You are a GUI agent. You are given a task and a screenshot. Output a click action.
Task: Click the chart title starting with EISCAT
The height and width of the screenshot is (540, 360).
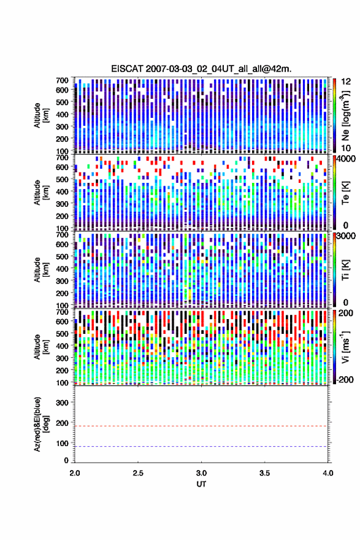tap(201, 69)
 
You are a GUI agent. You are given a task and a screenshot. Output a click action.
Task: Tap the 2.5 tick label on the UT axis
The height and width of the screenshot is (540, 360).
tap(138, 473)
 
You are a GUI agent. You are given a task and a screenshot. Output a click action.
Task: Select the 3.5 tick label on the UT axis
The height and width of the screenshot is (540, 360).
tap(264, 473)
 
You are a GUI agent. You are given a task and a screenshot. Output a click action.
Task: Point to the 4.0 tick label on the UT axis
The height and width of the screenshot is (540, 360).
tap(327, 473)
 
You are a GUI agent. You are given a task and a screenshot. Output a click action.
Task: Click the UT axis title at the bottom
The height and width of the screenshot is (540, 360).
tap(201, 484)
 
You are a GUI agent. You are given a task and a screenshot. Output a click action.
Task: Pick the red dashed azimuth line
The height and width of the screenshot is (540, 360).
tap(201, 426)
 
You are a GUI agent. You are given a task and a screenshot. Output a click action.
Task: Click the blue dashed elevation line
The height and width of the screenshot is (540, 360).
tap(201, 446)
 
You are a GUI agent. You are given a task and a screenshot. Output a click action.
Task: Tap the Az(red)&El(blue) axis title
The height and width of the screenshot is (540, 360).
tap(41, 424)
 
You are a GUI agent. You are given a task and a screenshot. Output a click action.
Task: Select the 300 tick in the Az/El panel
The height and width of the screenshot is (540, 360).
tap(62, 403)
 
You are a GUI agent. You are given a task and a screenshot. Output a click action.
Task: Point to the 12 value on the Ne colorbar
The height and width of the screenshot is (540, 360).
tap(346, 81)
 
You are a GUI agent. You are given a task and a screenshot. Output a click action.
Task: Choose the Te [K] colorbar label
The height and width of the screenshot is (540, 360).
tap(345, 193)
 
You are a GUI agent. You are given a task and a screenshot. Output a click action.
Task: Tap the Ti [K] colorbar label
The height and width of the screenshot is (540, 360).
tap(345, 269)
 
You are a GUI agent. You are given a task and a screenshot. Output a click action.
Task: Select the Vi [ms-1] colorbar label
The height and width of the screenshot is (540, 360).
tap(345, 346)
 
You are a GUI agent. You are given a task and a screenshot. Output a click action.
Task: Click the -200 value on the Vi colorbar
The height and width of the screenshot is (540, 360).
tap(344, 379)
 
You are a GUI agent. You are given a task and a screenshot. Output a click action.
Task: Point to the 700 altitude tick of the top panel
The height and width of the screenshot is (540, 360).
tap(62, 80)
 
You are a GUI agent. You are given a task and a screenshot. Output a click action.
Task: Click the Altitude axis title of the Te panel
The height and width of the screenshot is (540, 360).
tap(41, 192)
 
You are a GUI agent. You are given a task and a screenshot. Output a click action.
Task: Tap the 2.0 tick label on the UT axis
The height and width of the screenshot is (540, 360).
tap(75, 473)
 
